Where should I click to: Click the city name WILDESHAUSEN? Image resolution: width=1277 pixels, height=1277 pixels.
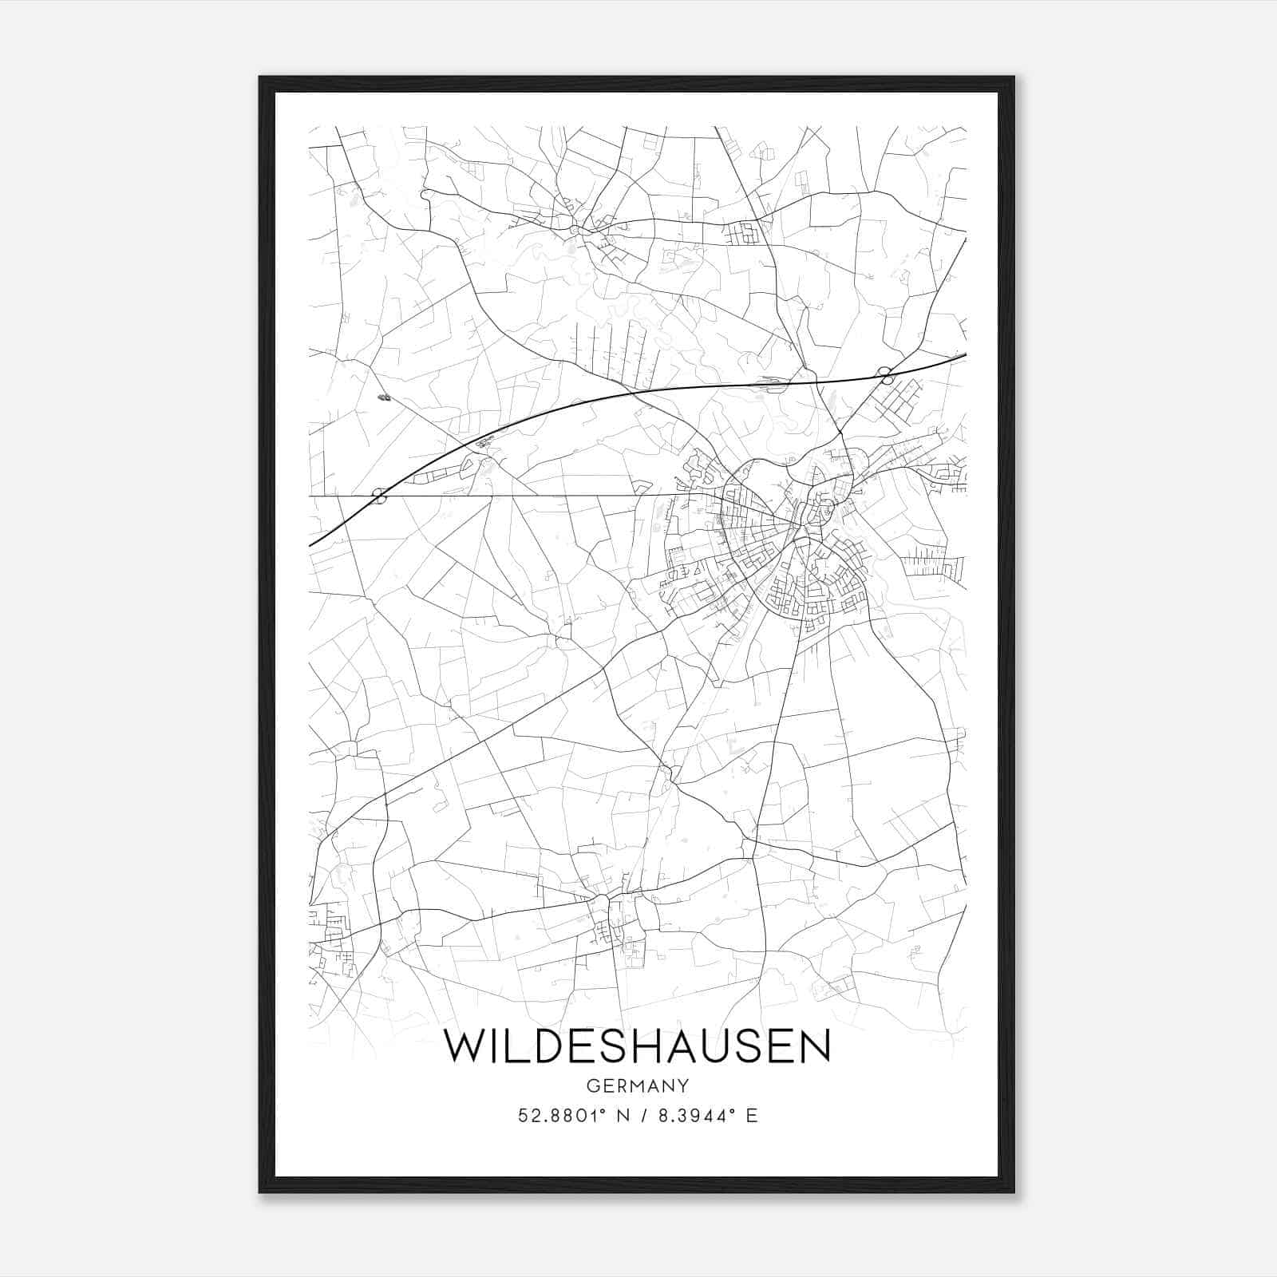(x=637, y=1046)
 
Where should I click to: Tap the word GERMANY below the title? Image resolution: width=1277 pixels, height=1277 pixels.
(x=637, y=1085)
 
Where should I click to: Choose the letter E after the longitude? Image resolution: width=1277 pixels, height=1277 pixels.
(x=751, y=1116)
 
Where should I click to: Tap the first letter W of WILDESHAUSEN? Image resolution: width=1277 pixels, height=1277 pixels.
(x=464, y=1046)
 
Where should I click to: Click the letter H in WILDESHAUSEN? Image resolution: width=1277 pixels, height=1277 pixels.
(x=649, y=1046)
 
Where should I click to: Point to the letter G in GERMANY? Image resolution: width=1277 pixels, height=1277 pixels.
(x=591, y=1085)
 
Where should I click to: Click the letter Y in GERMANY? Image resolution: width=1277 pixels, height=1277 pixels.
(x=683, y=1085)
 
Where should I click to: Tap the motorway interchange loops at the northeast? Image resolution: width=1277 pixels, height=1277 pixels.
(x=884, y=372)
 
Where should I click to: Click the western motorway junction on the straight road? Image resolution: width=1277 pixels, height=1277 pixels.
(x=380, y=496)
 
